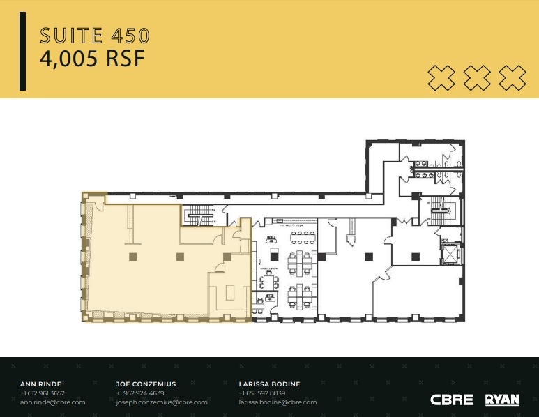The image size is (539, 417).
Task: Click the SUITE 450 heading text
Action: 95,35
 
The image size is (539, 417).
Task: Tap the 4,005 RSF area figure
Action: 92,59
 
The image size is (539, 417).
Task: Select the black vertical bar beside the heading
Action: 23,51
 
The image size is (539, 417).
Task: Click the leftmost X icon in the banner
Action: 441,77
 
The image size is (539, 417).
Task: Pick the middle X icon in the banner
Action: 477,77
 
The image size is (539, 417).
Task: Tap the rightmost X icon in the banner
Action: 513,77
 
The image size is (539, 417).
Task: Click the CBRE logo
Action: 452,400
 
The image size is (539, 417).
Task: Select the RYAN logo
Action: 502,400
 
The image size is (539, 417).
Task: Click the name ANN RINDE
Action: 41,384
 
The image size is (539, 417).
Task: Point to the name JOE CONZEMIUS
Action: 146,384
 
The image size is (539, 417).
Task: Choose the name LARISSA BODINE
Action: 269,384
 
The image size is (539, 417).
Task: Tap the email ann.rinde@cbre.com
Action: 53,402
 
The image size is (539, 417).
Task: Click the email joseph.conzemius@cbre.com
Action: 162,402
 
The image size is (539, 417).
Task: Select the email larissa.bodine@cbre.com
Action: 278,402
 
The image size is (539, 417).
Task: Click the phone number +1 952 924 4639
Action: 140,393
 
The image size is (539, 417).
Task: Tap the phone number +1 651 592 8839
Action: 262,393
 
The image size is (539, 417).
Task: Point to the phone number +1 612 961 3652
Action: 43,393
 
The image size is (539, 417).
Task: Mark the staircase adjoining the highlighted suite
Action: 199,215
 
